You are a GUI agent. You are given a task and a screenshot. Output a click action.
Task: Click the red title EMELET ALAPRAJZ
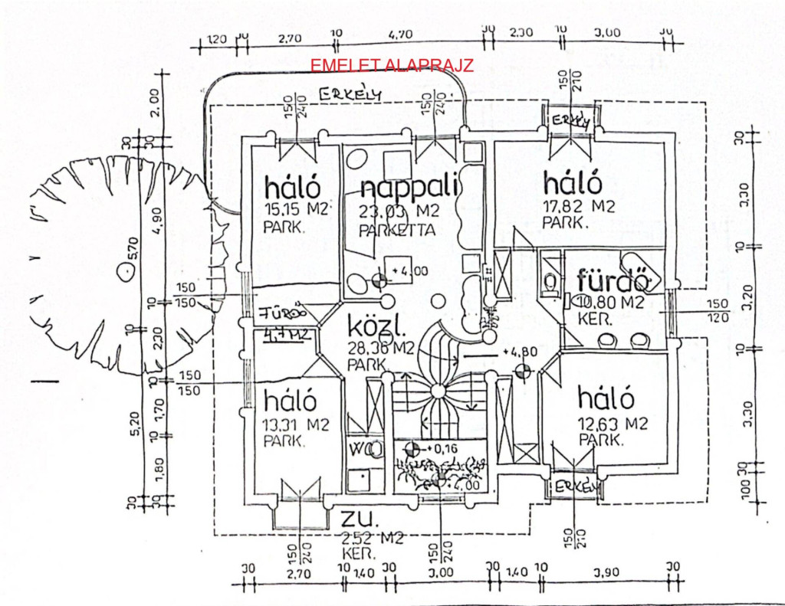click(x=392, y=65)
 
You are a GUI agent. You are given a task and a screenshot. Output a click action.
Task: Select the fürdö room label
click(x=614, y=279)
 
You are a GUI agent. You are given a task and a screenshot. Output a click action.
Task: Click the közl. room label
click(x=376, y=328)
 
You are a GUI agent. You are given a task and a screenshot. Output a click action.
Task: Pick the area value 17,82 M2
click(x=579, y=206)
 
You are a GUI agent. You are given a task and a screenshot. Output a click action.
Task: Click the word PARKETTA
click(x=397, y=230)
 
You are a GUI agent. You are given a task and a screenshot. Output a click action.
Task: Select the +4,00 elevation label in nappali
click(x=406, y=270)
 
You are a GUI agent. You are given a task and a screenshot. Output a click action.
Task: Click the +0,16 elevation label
click(x=442, y=447)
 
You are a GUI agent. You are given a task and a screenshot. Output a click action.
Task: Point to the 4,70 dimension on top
click(x=400, y=34)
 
